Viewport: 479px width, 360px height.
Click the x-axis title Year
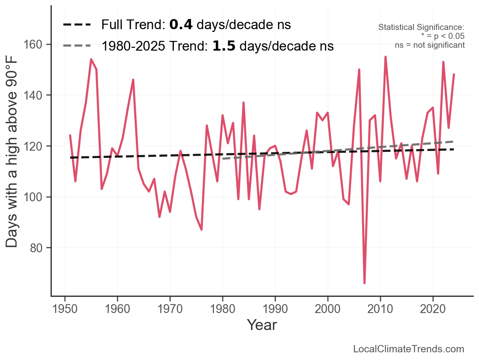tap(262, 325)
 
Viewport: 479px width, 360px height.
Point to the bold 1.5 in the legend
tap(224, 46)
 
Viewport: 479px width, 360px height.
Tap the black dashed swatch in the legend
tap(77, 25)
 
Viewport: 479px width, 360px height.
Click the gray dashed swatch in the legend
tap(77, 46)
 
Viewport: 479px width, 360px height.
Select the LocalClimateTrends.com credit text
tap(409, 349)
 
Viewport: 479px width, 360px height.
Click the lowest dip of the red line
tap(365, 283)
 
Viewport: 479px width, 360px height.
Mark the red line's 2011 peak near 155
tap(386, 57)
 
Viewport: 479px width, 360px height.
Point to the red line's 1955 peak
tap(91, 60)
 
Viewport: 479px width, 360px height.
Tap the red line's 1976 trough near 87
tap(201, 230)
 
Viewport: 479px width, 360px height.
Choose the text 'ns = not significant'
tap(430, 45)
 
